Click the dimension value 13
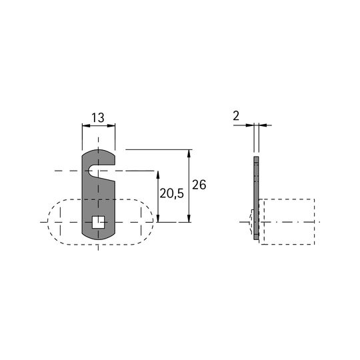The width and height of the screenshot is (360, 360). click(98, 118)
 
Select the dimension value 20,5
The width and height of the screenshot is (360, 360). click(172, 194)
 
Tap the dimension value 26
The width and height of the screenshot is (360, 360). click(199, 185)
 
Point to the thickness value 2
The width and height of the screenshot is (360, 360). click(236, 116)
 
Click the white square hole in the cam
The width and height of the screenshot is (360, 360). click(98, 222)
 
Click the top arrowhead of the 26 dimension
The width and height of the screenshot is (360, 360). click(189, 153)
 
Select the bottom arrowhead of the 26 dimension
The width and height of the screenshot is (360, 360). click(189, 219)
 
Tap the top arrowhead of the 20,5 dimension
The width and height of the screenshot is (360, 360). click(158, 175)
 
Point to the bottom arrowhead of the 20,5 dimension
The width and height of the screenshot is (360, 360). click(158, 219)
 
